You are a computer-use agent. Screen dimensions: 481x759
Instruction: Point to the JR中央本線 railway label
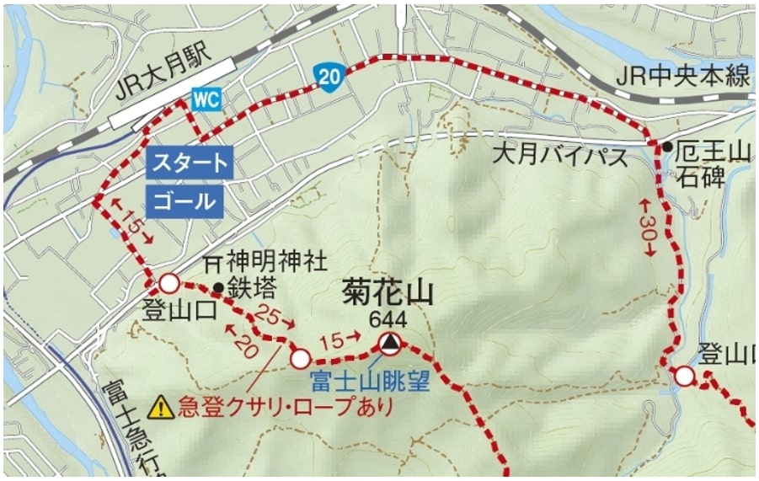[681, 77]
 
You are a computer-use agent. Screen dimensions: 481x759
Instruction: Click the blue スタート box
[189, 163]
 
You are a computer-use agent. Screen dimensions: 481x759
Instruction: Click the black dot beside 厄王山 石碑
[666, 148]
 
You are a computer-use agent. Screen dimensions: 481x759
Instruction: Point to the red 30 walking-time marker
[647, 227]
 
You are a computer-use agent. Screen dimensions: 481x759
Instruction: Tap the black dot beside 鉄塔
[218, 288]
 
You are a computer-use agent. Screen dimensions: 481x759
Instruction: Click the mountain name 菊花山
[388, 293]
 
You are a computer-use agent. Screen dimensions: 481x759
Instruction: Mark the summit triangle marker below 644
[388, 343]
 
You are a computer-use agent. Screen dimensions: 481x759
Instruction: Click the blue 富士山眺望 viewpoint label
[370, 381]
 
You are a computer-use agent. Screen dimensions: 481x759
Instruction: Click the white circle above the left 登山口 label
[169, 282]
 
